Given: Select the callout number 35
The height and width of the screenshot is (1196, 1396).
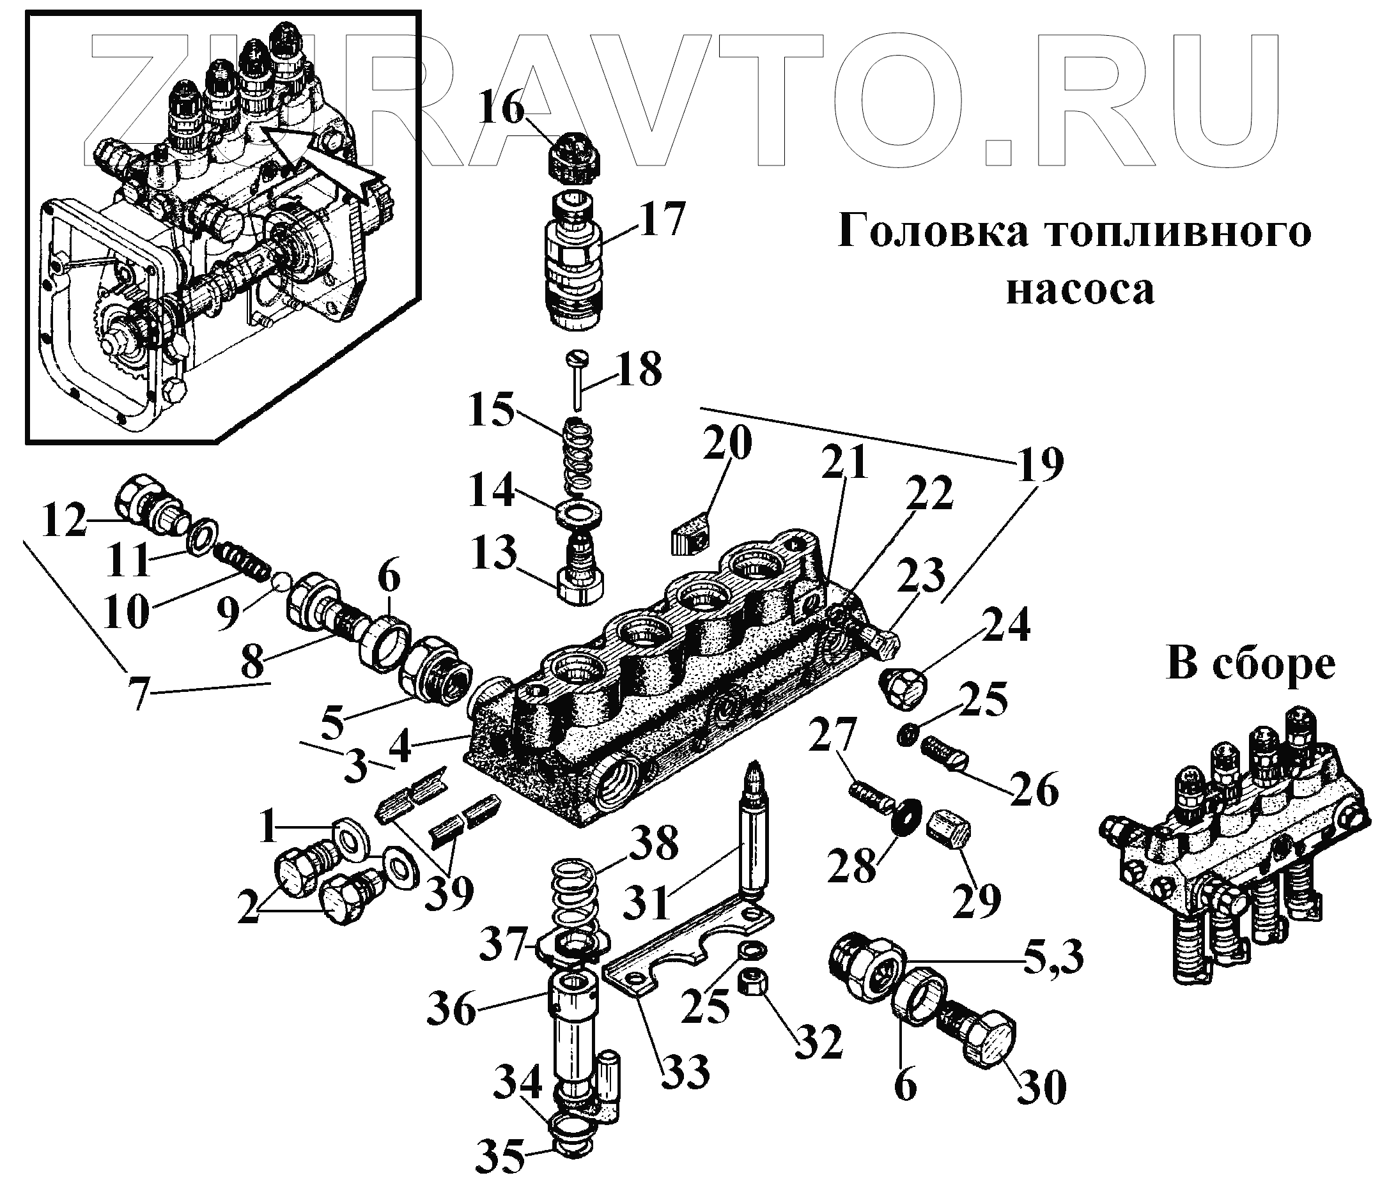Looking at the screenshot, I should [500, 1157].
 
